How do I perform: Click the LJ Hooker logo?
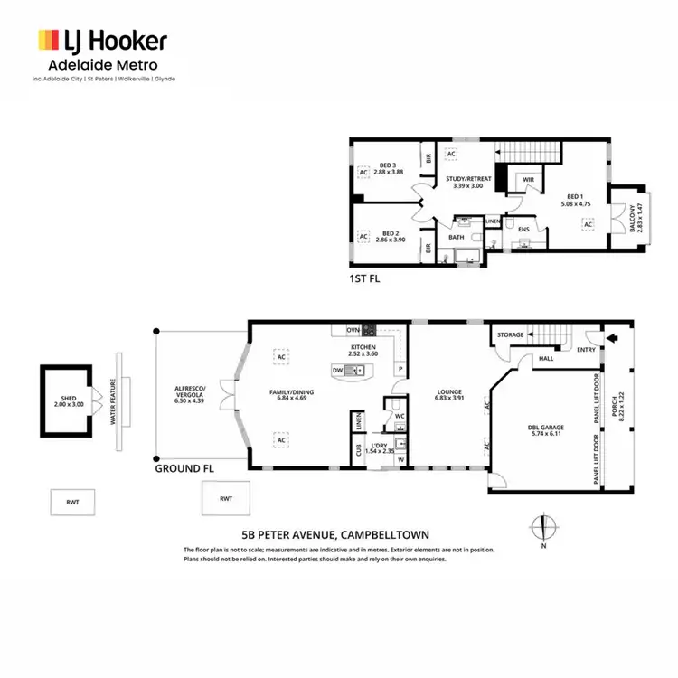(101, 42)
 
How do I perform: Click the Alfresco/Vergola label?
(192, 393)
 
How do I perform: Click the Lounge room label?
(448, 394)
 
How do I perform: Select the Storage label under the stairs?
(510, 335)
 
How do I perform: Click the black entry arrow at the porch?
(615, 340)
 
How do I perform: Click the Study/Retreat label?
(469, 183)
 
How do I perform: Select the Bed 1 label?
(576, 200)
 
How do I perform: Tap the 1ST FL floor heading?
(364, 279)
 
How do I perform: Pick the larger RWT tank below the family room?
(225, 498)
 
